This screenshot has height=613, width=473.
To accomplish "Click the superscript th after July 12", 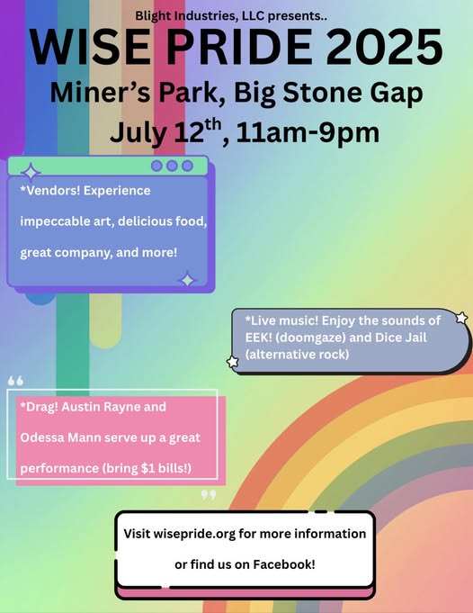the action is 213,125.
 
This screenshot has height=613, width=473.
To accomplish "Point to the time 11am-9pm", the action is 308,132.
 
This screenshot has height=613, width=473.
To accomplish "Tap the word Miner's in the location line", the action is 100,92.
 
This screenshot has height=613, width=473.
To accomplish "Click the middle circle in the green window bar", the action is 172,166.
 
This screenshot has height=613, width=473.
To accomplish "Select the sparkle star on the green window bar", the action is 31,172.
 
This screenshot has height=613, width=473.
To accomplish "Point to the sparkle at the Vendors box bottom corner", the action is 187,280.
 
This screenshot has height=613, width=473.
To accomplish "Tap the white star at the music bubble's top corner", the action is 461,318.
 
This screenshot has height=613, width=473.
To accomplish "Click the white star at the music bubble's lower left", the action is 233,362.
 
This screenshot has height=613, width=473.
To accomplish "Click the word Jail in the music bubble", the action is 415,338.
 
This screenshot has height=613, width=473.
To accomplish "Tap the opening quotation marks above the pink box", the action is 15,381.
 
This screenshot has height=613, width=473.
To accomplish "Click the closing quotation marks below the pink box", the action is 209,495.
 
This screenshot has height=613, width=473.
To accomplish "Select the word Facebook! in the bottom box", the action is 284,564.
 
